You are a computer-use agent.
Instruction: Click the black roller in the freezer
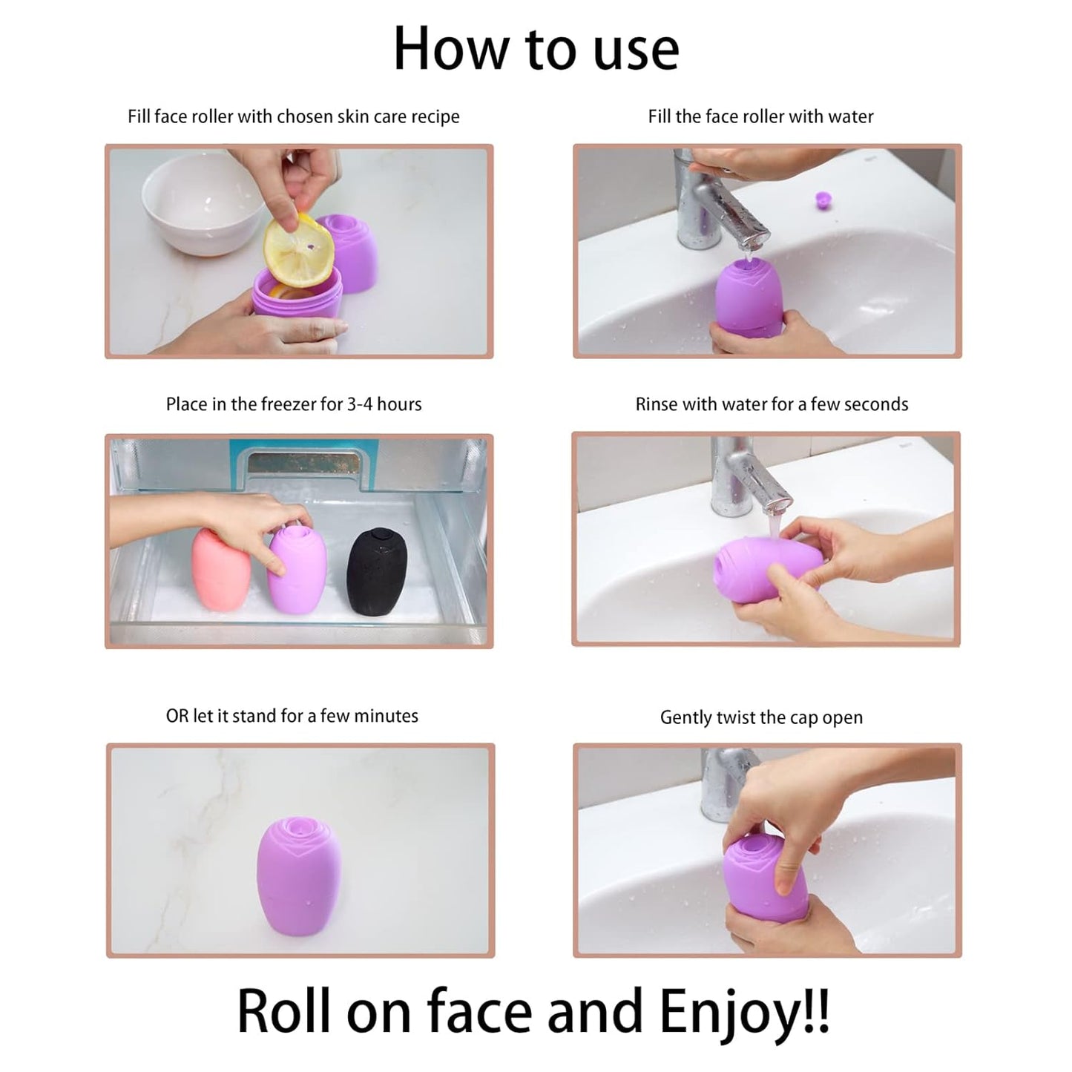(378, 572)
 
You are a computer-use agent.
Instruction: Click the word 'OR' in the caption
(177, 716)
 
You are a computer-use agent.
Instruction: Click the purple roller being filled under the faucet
(749, 297)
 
